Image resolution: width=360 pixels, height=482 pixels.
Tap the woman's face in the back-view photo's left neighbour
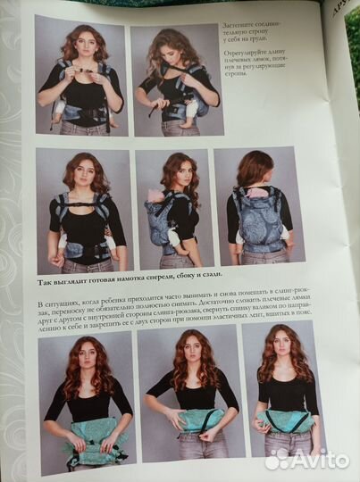pyautogui.click(x=178, y=170)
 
